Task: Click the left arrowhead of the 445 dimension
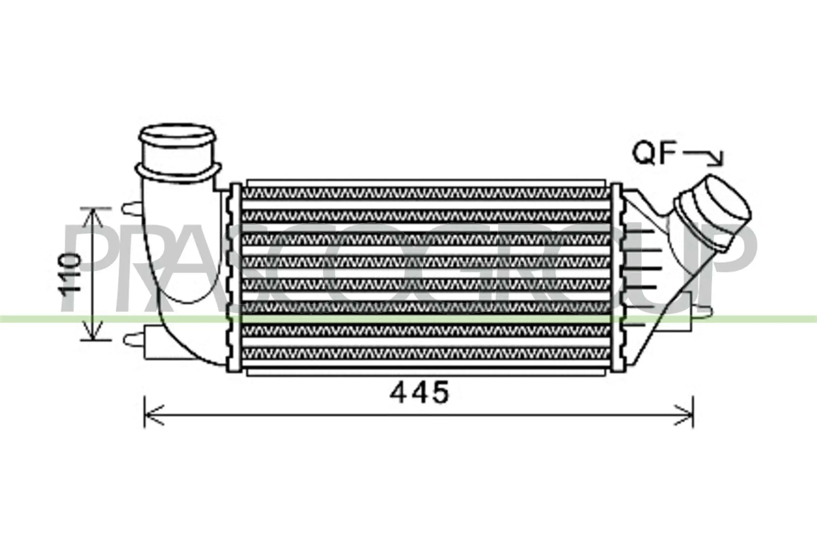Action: (153, 415)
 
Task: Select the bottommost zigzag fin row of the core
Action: (426, 354)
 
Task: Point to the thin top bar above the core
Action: (426, 183)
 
